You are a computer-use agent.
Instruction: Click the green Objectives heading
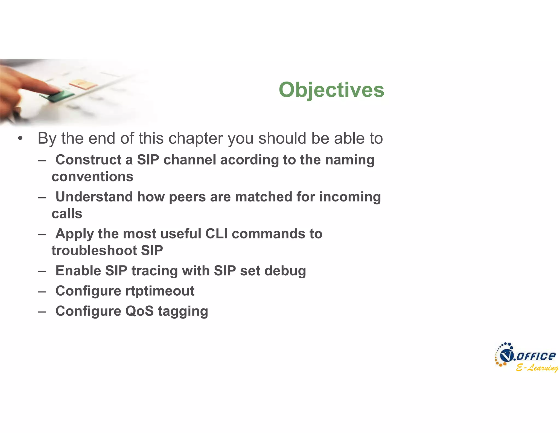331,90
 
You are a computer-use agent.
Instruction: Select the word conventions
92,177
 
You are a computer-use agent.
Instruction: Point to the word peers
187,197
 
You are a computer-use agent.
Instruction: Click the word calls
67,214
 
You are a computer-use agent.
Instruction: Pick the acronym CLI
216,234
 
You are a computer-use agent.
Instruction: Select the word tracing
154,271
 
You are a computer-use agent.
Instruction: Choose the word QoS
139,311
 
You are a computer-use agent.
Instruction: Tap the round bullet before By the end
20,138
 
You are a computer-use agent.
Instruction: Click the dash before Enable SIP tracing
42,271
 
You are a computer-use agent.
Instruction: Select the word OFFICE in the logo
536,356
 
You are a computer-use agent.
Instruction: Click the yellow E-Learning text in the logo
537,368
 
